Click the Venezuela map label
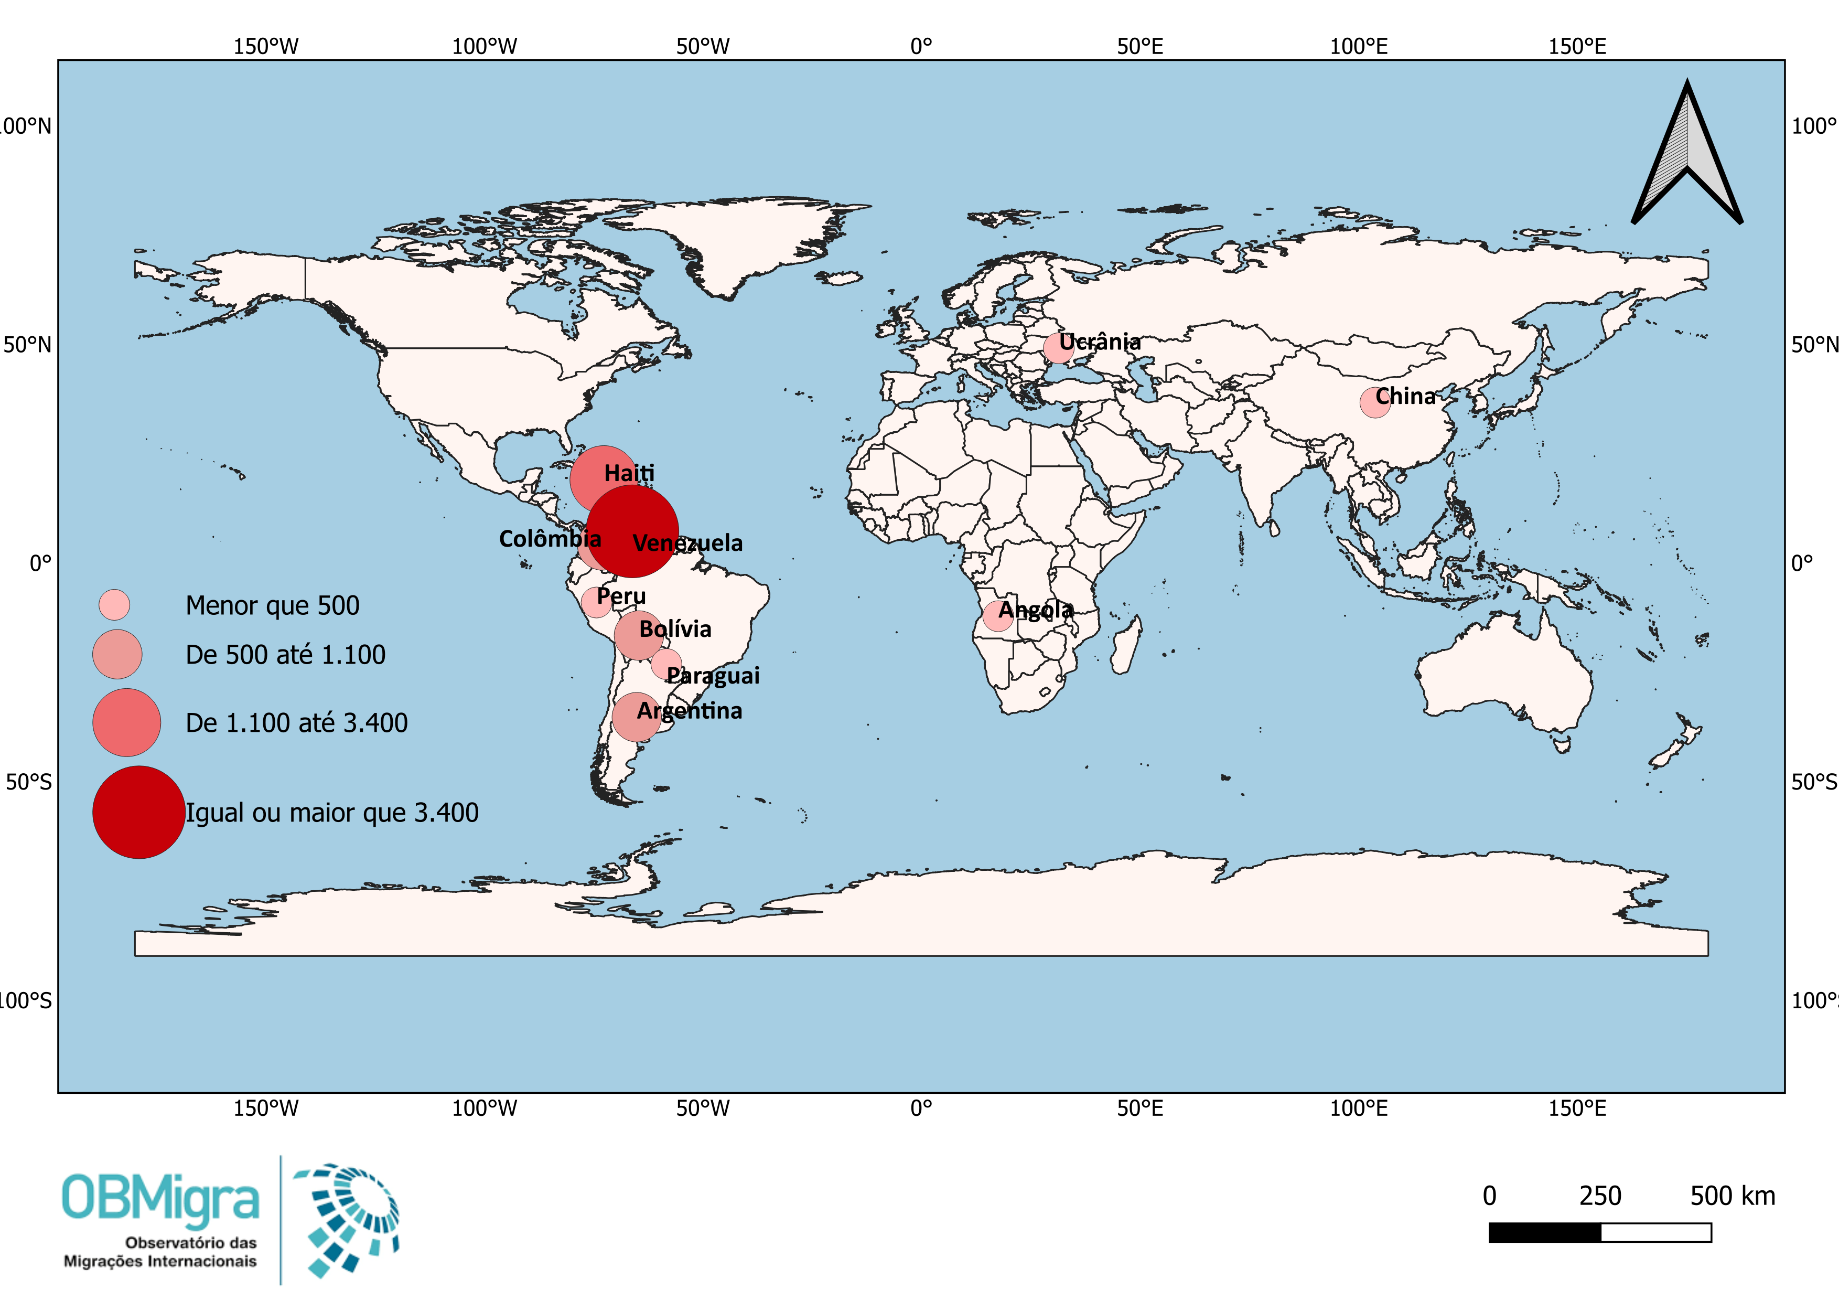pos(687,543)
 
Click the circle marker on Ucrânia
pos(1058,348)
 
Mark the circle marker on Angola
pos(997,615)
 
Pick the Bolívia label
pos(675,629)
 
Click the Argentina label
pos(690,711)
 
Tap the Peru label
pos(621,596)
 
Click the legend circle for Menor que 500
pos(114,605)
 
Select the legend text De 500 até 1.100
pos(285,655)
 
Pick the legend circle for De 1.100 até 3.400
pos(126,722)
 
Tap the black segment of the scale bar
pos(1544,1232)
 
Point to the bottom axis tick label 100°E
pos(1359,1108)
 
